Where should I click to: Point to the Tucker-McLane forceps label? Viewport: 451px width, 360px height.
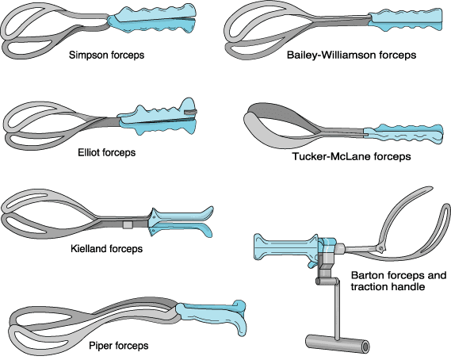(351, 157)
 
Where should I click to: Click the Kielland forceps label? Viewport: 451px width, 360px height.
(106, 249)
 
